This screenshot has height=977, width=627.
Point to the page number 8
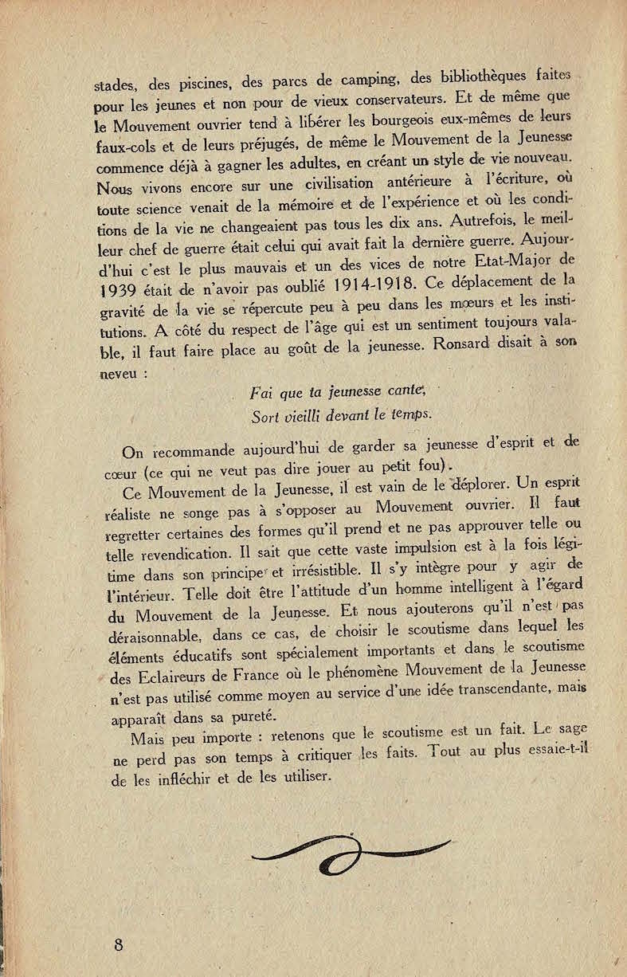pos(119,945)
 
